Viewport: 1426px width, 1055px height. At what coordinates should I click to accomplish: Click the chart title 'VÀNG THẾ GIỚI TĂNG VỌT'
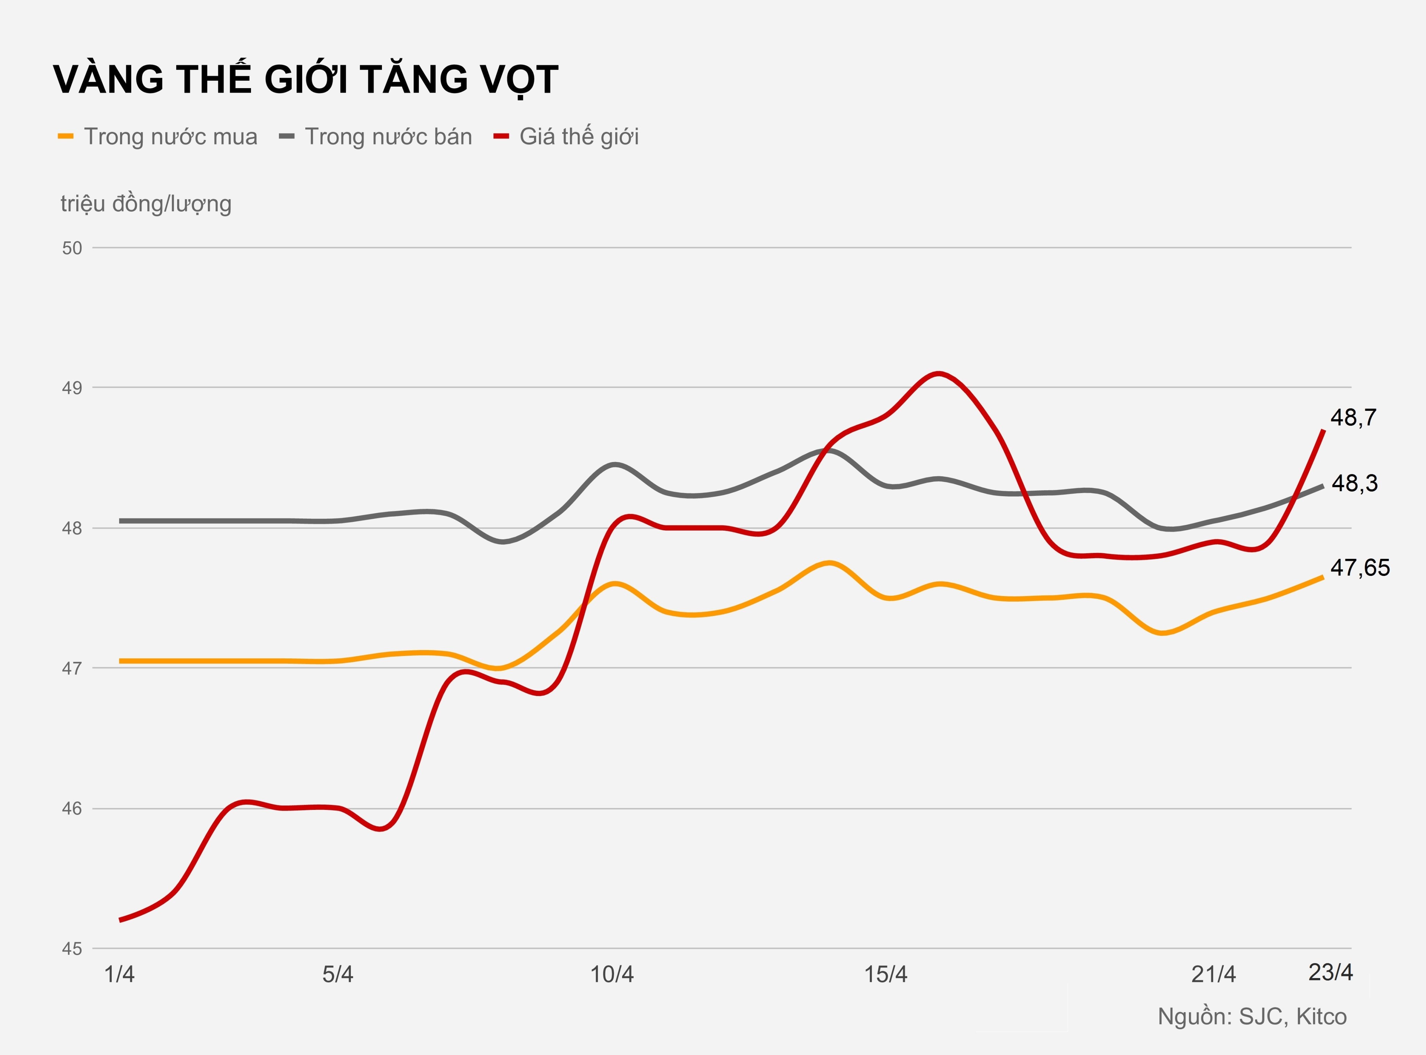point(305,80)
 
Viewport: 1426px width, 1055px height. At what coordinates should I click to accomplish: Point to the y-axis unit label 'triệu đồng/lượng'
point(146,204)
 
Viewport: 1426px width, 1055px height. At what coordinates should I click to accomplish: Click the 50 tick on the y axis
point(72,248)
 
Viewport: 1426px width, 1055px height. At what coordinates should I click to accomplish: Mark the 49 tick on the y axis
point(72,388)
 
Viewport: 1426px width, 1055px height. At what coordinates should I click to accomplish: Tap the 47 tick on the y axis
point(72,669)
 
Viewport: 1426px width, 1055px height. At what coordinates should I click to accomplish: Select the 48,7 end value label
point(1353,418)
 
